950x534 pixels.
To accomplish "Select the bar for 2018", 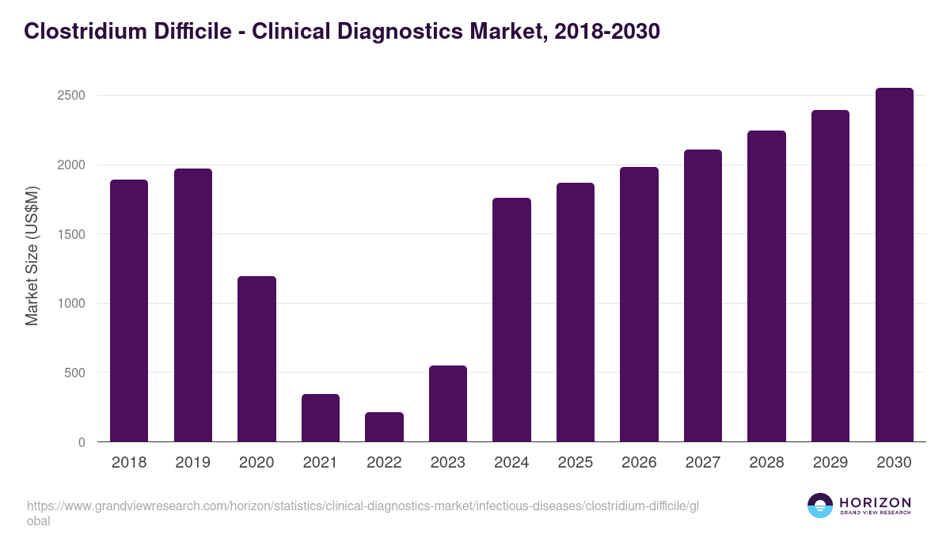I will pos(129,310).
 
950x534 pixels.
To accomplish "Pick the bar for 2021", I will pos(321,418).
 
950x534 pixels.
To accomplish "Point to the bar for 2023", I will pos(448,403).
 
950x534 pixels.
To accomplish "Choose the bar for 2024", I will pos(511,320).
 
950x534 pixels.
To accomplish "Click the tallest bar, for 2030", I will pos(894,264).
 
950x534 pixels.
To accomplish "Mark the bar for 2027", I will pos(703,295).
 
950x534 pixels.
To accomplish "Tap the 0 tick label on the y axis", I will pos(81,442).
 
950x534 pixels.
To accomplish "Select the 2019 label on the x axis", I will pos(192,463).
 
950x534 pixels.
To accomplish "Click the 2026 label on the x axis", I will pos(639,463).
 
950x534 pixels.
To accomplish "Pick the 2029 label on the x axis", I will pos(830,463).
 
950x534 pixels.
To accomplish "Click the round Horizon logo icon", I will pos(820,506).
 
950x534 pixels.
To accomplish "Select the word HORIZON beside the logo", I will pos(875,502).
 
